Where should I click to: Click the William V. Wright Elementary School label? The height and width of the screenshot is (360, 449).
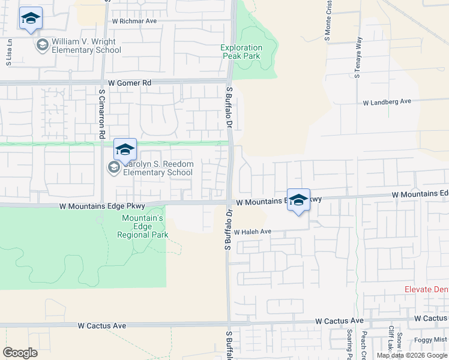(x=86, y=46)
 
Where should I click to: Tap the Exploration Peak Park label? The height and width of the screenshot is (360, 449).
(x=241, y=52)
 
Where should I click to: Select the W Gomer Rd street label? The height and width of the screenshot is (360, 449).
(x=130, y=83)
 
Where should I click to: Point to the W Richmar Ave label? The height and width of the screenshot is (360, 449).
(x=134, y=20)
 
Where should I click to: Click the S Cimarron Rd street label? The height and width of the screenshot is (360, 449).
(x=102, y=114)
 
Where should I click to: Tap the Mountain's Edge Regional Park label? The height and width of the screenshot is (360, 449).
(x=143, y=227)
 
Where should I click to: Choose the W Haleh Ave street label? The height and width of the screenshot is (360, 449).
(x=253, y=232)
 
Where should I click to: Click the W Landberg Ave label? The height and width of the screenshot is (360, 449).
(x=387, y=102)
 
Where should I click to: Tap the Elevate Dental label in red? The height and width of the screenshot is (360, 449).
(x=426, y=290)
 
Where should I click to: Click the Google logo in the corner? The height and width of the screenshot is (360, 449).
(x=20, y=353)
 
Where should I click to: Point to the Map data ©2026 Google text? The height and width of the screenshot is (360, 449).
(x=412, y=355)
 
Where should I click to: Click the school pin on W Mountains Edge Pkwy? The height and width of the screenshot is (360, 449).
(x=298, y=200)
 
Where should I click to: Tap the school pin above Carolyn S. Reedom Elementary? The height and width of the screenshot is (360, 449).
(x=125, y=151)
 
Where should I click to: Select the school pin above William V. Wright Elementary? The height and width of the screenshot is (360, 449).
(x=31, y=19)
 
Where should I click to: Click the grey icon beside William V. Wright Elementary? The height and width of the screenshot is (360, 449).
(x=42, y=45)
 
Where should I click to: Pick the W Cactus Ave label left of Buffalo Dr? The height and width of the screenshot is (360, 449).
(x=102, y=326)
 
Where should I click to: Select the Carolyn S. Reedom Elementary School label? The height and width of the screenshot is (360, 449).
(x=157, y=169)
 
